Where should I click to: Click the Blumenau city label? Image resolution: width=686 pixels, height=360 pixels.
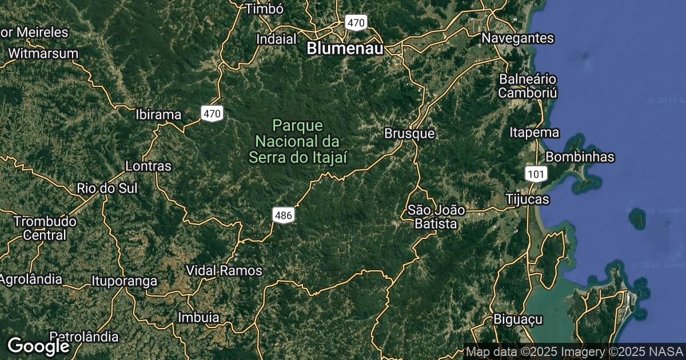tap(345, 49)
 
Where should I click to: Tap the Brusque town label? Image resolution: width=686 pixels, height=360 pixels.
tap(409, 134)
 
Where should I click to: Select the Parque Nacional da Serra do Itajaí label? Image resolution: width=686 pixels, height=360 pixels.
tap(297, 141)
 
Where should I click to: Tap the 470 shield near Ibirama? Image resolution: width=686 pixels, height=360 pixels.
tap(212, 114)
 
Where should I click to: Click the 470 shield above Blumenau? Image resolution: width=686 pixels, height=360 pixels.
tap(356, 23)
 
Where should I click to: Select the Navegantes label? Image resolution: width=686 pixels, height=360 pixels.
tap(518, 38)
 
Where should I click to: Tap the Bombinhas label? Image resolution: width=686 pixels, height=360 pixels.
tap(580, 157)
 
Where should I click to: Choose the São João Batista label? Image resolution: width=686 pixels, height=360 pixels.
tap(436, 217)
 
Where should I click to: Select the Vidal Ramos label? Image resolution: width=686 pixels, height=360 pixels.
tap(225, 270)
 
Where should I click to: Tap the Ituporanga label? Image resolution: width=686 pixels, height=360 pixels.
tap(124, 281)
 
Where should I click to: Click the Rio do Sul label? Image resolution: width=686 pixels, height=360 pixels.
tap(107, 188)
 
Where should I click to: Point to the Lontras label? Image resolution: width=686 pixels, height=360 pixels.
tap(148, 166)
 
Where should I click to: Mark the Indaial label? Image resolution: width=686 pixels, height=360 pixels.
tap(277, 39)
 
